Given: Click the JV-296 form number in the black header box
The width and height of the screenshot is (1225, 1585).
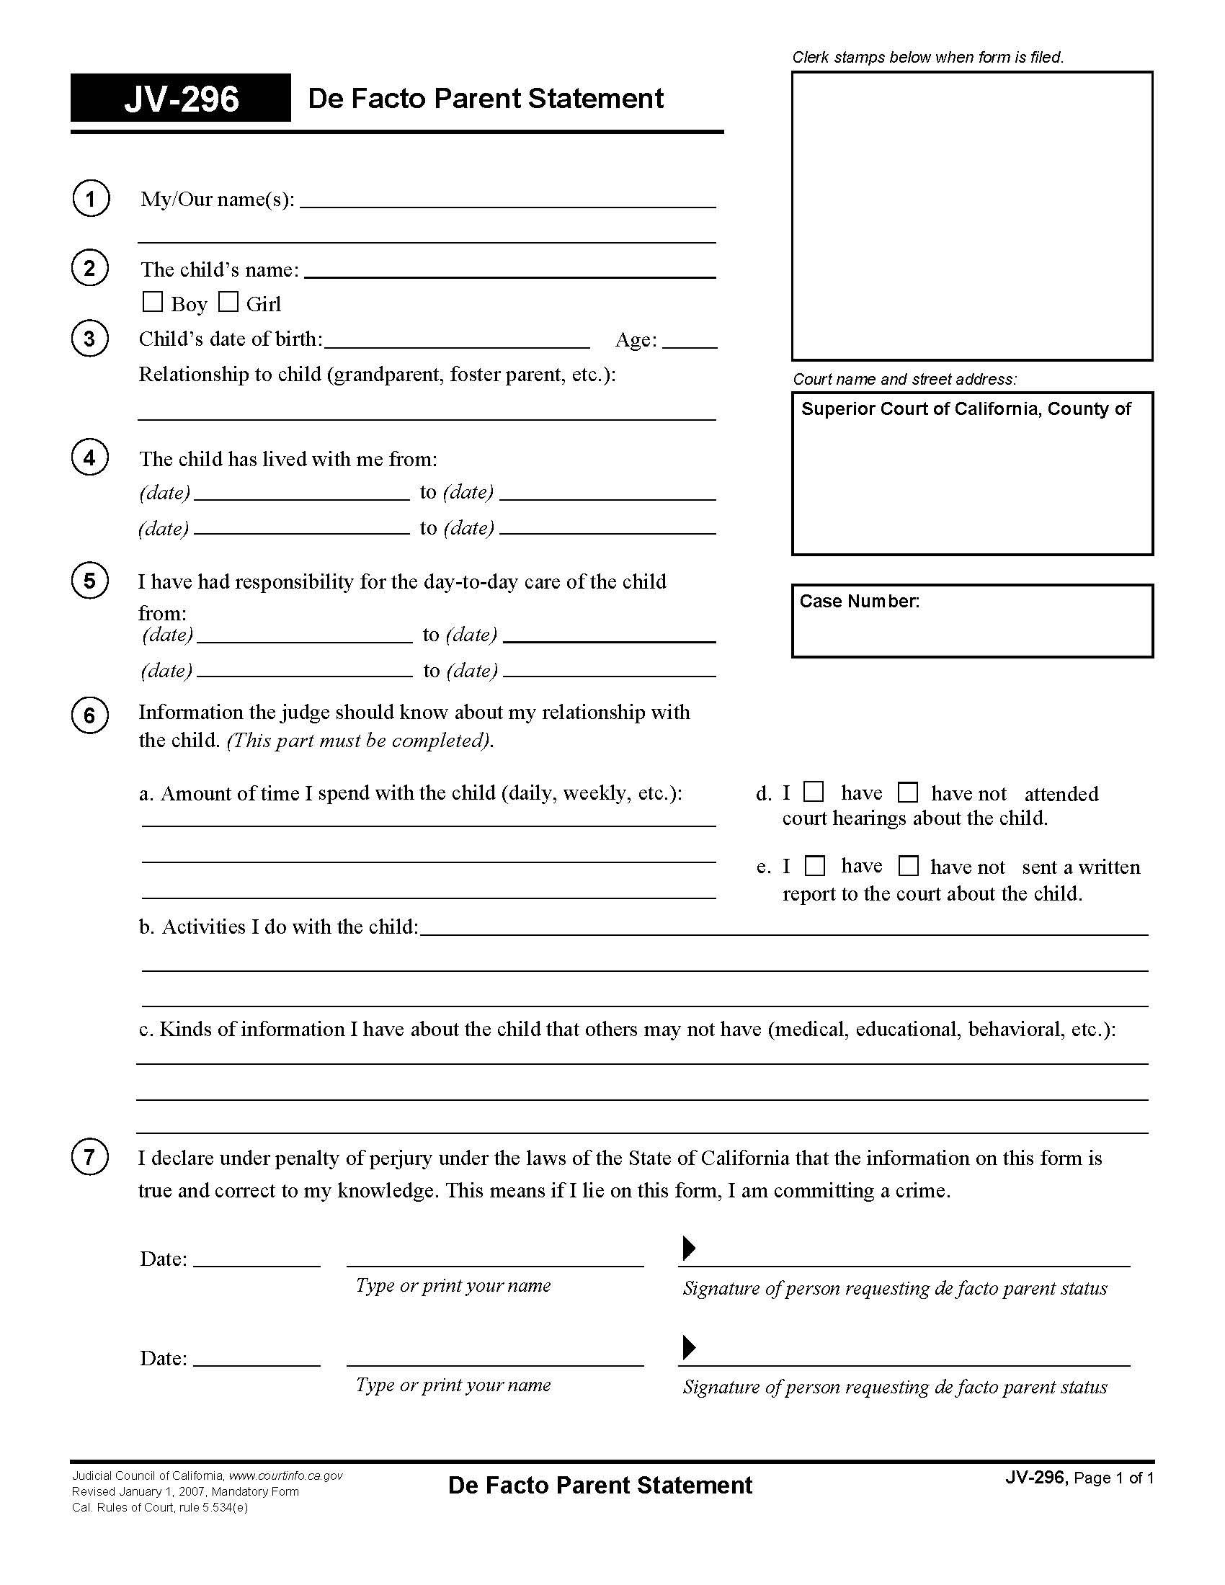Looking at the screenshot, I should point(182,99).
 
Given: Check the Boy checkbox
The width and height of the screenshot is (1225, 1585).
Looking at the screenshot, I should point(152,302).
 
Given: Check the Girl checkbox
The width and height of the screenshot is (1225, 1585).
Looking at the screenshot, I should point(228,302).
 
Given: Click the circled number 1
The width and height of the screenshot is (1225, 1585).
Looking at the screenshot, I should point(91,199).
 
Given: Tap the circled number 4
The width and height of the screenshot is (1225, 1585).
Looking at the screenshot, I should point(90,458).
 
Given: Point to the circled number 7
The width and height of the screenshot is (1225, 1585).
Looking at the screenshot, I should point(90,1157).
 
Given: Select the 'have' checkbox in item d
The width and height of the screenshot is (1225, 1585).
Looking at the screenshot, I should point(814,792).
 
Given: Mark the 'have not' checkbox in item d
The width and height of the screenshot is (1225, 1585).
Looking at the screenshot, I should point(908,792).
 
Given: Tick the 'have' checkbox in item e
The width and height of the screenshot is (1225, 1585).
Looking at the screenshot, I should point(816,866).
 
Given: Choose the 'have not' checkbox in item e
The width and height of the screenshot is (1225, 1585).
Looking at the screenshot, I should point(909,866).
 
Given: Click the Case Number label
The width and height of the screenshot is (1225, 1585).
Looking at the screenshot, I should point(859,602).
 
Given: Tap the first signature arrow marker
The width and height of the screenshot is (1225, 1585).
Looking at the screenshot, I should point(689,1249).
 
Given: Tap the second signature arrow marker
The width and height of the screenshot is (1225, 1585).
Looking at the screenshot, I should point(689,1348).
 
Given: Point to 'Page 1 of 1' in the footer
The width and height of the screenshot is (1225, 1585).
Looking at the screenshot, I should point(1113,1478).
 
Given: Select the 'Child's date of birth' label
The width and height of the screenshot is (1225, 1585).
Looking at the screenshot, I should point(231,339).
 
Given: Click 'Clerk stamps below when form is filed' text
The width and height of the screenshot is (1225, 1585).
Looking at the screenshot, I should point(927,58).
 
